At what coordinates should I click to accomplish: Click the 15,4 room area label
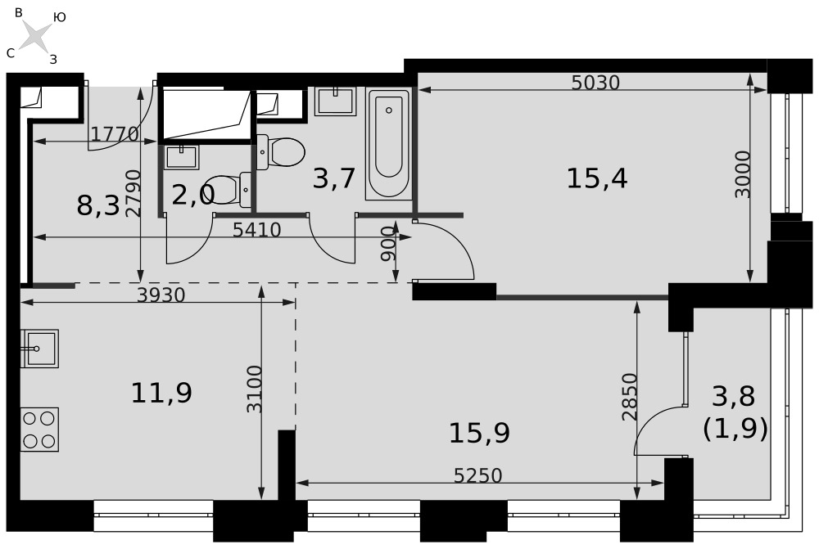click(596, 179)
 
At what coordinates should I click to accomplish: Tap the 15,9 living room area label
click(479, 433)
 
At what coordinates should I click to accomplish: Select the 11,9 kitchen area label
click(161, 393)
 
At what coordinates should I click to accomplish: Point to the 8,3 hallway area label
click(98, 205)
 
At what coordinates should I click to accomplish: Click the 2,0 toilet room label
click(193, 196)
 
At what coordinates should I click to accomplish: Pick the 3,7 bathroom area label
click(334, 178)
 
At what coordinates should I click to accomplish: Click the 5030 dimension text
click(595, 83)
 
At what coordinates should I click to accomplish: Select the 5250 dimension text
click(478, 475)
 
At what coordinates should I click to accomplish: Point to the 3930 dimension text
click(161, 295)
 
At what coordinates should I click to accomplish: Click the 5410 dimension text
click(257, 230)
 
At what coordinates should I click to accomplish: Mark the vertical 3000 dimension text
click(742, 174)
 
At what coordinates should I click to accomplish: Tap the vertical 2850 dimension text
click(630, 397)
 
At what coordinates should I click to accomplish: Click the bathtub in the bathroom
click(388, 144)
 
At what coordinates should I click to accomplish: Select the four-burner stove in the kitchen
click(39, 430)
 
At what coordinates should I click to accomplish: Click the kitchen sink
click(39, 349)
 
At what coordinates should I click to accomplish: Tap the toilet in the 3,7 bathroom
click(280, 152)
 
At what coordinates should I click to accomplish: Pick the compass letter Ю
click(59, 17)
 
